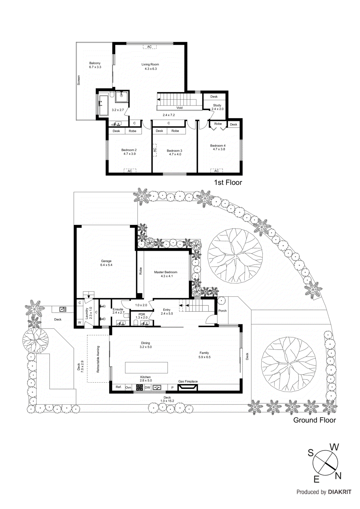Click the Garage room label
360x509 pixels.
(x=106, y=263)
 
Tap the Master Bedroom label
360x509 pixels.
(x=166, y=274)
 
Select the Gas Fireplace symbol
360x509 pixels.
(x=187, y=387)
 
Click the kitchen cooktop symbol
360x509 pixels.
(x=139, y=387)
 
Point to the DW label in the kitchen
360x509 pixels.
(x=147, y=387)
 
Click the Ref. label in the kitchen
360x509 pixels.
(x=118, y=387)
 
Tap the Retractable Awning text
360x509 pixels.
(x=98, y=359)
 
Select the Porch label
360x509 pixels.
(x=222, y=310)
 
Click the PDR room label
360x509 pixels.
(x=142, y=314)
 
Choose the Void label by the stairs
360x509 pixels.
(x=180, y=108)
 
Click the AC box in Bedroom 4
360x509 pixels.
(x=216, y=171)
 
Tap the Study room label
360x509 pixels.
(x=217, y=105)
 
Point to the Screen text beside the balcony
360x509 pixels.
(x=79, y=80)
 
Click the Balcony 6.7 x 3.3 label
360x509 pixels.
(x=95, y=65)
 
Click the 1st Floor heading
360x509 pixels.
(x=228, y=182)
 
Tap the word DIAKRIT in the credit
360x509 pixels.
(x=340, y=492)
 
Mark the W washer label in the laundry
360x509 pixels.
(x=79, y=323)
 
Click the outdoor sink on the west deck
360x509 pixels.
(x=63, y=309)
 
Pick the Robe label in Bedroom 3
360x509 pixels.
(x=175, y=131)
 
